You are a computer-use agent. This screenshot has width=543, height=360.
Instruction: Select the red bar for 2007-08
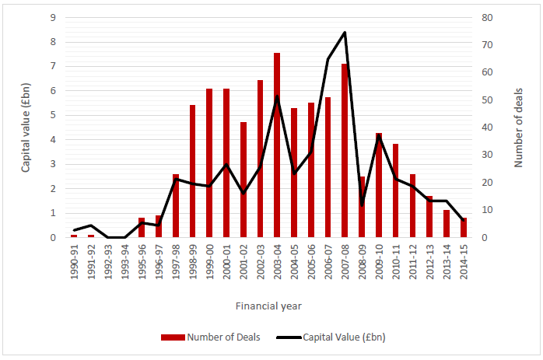coord(345,151)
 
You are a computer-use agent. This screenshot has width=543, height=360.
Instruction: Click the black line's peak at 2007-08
coord(345,33)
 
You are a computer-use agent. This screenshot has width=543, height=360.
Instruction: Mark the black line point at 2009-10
coord(379,137)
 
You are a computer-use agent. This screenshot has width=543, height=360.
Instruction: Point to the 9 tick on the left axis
coord(52,17)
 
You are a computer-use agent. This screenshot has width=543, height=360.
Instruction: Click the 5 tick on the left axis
coord(52,115)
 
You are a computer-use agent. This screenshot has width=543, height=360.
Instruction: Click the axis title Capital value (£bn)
coord(25,128)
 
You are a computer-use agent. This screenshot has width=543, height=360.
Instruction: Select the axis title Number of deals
coord(517,128)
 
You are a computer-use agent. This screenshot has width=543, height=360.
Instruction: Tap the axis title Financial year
coord(269,306)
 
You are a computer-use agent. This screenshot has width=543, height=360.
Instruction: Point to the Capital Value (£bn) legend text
coord(352,337)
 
